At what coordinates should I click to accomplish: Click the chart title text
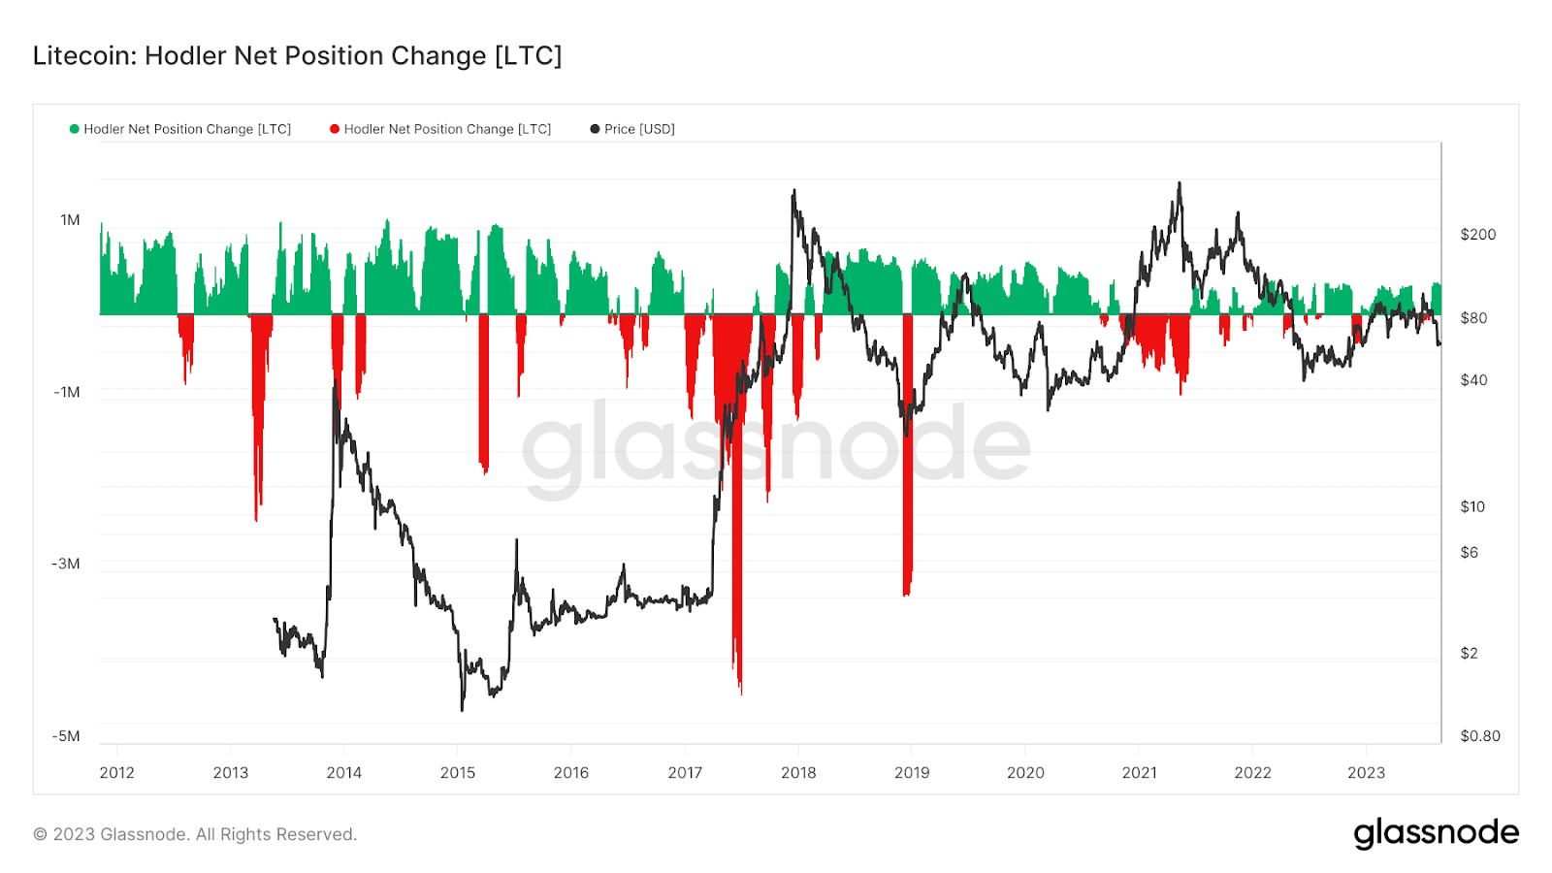[x=297, y=56]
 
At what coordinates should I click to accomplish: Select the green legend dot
[x=75, y=129]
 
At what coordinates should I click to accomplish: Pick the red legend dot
[x=335, y=129]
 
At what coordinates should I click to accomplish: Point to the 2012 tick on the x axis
[x=117, y=772]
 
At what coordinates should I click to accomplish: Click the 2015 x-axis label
[x=458, y=772]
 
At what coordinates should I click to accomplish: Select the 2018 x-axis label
[x=798, y=772]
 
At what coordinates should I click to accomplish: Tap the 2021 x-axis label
[x=1140, y=772]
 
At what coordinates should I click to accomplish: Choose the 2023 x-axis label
[x=1367, y=772]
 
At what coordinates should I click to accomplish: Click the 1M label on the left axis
[x=70, y=220]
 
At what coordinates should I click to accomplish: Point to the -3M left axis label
[x=66, y=564]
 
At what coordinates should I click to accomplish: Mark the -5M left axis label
[x=66, y=736]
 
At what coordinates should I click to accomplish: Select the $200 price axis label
[x=1478, y=235]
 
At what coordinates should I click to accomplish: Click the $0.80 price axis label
[x=1480, y=736]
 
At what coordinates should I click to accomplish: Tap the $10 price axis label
[x=1472, y=506]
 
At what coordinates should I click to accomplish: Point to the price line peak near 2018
[x=793, y=192]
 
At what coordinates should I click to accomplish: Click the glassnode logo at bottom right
[x=1436, y=833]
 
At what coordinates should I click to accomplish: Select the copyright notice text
[x=195, y=834]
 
